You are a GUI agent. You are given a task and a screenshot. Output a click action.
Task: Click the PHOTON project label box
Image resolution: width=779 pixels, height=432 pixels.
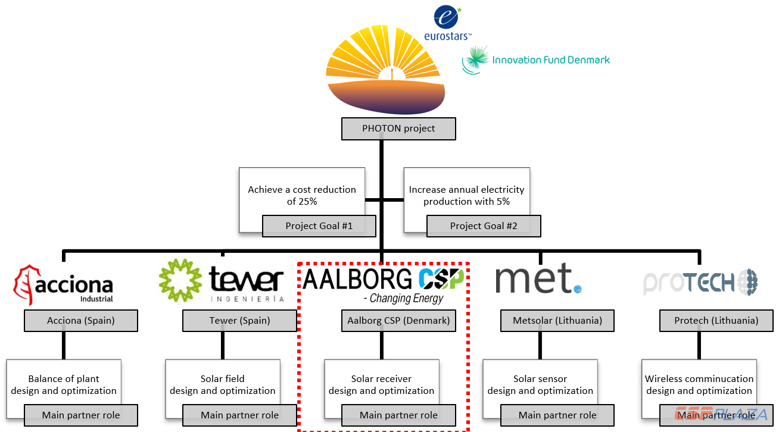(x=398, y=129)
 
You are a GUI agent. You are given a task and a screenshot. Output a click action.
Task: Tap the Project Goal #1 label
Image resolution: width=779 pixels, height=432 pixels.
(x=319, y=226)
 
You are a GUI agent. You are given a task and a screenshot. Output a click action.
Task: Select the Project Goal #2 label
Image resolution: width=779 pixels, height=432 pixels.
(x=484, y=226)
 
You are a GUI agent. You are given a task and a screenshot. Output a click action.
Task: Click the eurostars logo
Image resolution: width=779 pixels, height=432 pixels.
(x=447, y=24)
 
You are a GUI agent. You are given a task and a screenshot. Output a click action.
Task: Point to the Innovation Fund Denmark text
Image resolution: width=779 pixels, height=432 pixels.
(x=550, y=60)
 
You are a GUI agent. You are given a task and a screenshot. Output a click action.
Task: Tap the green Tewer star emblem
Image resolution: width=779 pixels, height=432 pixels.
(x=180, y=280)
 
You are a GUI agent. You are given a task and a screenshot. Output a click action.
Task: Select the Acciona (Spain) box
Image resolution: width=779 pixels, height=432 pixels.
(x=81, y=321)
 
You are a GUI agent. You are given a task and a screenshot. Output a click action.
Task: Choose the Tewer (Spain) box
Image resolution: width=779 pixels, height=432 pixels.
(x=239, y=321)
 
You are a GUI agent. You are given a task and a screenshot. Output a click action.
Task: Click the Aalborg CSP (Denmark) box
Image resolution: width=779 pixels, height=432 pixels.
(x=398, y=321)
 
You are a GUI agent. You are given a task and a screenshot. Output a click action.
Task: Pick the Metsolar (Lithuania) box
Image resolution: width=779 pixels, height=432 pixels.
(x=557, y=321)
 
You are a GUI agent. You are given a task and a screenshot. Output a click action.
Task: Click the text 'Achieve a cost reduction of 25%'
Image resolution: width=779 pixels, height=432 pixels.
(x=302, y=195)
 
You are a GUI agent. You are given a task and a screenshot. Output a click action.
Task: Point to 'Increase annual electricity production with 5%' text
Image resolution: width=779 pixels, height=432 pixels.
(x=466, y=195)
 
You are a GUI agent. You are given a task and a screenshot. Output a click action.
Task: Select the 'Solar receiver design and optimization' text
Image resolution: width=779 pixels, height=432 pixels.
(x=381, y=384)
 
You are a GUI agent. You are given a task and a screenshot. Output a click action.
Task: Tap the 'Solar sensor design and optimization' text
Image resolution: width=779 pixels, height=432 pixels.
(x=540, y=384)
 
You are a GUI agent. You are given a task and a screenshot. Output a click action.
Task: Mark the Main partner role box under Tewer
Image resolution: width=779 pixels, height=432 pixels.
(x=239, y=415)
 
